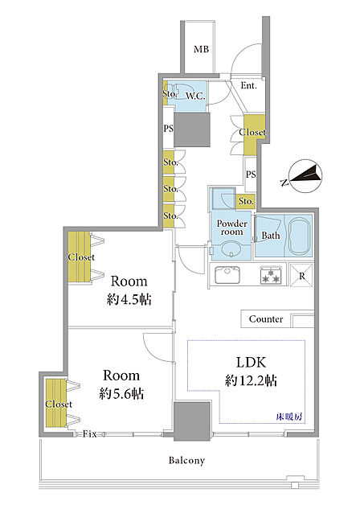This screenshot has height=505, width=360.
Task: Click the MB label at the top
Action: [202, 49]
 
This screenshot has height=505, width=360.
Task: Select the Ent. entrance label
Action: [248, 86]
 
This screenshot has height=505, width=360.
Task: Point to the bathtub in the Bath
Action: [300, 236]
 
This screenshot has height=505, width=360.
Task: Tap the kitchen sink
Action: [227, 275]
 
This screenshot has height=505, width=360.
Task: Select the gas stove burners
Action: [271, 275]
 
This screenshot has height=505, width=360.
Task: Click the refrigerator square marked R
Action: [301, 275]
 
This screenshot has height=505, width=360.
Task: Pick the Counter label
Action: [266, 319]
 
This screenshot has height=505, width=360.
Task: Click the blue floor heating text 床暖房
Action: [289, 417]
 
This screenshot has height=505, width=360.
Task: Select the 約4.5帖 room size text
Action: [129, 299]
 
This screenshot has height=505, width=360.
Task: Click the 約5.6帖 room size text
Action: [121, 393]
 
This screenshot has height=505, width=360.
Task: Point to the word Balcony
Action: [186, 460]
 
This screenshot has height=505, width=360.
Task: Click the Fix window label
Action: [89, 434]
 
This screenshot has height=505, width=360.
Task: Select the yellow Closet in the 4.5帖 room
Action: [80, 257]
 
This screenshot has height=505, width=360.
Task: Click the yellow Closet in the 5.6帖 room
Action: [56, 403]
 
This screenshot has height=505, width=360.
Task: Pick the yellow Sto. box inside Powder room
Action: [246, 202]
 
